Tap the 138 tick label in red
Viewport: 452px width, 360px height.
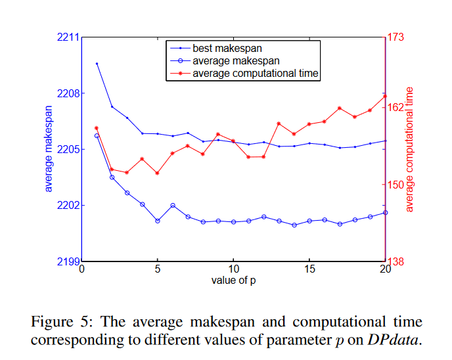tap(396, 261)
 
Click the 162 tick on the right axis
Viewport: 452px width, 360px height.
tap(396, 107)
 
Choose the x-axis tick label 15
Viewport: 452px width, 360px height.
tap(309, 270)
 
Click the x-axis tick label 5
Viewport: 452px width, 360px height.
tap(158, 270)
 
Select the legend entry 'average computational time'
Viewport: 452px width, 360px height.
tap(256, 73)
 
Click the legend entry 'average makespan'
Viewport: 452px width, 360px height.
tap(227, 60)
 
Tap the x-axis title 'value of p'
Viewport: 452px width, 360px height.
tap(233, 281)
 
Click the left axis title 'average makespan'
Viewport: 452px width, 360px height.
tap(49, 149)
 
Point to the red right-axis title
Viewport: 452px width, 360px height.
tap(411, 149)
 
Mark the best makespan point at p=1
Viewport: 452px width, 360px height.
tap(97, 64)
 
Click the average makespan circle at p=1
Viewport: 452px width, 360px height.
tap(97, 136)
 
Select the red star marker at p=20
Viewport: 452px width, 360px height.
tap(384, 97)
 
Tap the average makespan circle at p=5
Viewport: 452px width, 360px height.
tap(158, 221)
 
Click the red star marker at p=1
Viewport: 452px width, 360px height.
tap(97, 128)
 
